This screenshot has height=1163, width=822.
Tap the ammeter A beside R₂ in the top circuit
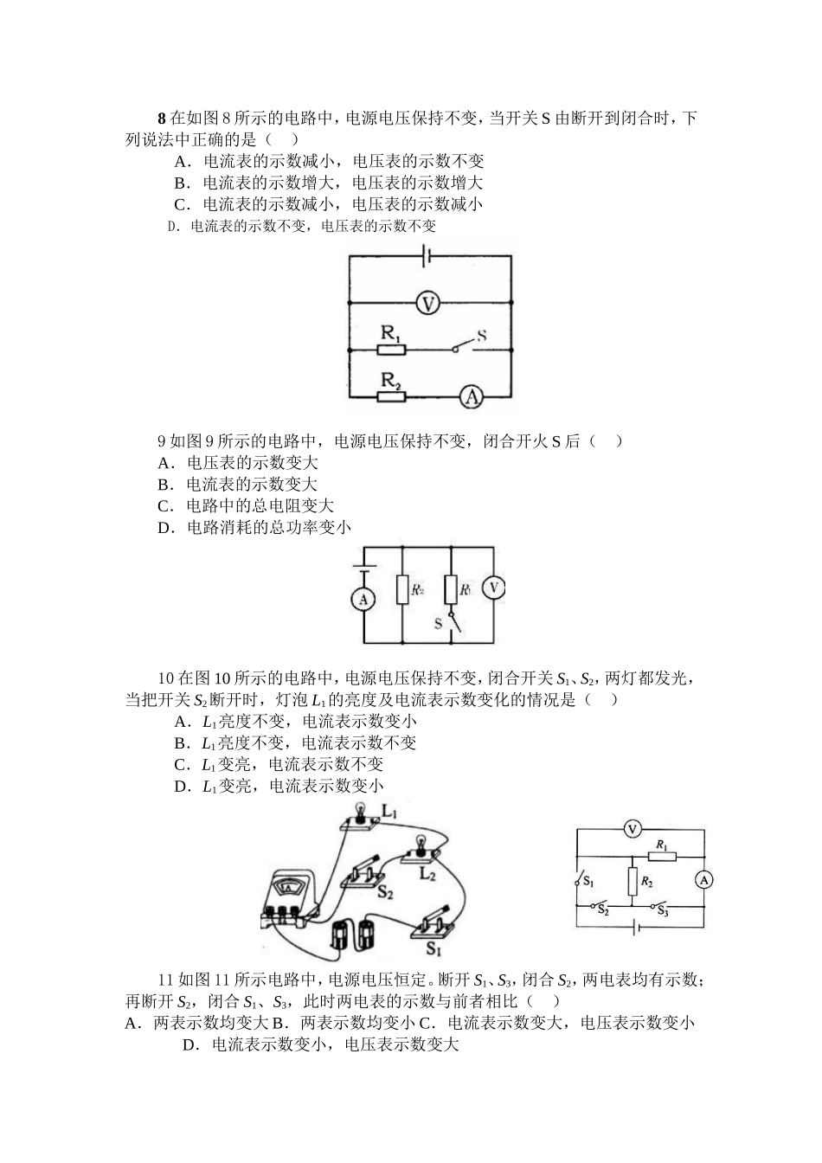[x=470, y=396]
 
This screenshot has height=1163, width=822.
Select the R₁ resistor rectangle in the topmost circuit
[x=393, y=350]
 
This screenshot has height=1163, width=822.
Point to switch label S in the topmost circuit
[x=481, y=334]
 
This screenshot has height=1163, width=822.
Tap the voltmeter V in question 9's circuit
[x=493, y=588]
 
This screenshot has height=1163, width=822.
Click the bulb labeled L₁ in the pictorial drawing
[x=356, y=818]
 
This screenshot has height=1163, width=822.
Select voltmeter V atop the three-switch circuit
[x=632, y=829]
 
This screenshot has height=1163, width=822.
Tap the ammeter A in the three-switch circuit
[x=704, y=880]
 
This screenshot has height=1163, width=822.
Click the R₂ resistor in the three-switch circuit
[x=633, y=883]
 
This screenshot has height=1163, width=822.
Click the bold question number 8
[x=162, y=119]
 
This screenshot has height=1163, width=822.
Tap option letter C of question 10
[x=181, y=764]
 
